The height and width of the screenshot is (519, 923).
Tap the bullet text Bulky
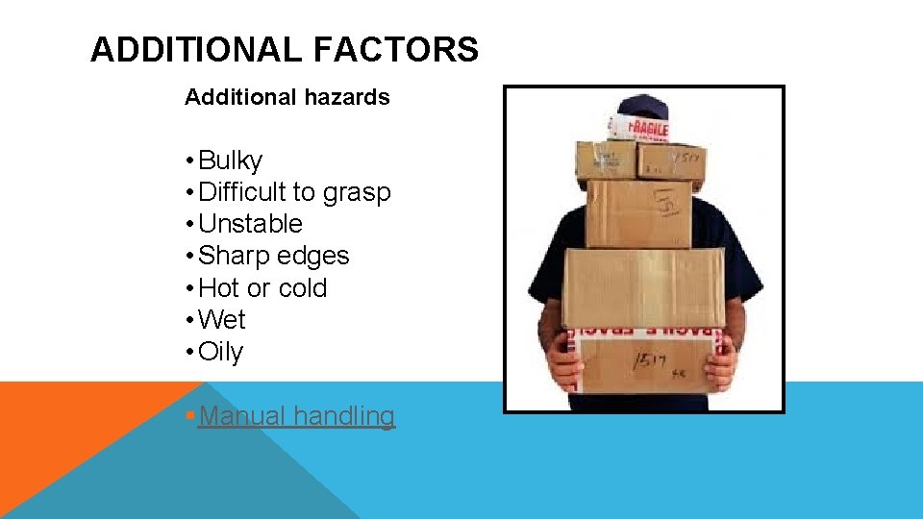(x=230, y=161)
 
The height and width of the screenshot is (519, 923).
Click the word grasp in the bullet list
(x=357, y=193)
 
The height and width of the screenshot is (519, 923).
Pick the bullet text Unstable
(x=250, y=225)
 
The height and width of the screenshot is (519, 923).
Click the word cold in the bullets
(x=302, y=288)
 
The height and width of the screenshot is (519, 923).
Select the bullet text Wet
(x=222, y=320)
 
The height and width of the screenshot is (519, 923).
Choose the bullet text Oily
(x=221, y=353)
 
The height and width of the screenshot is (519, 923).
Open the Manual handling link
(x=296, y=416)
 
